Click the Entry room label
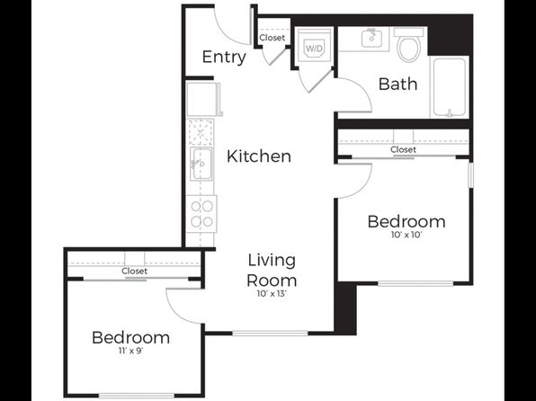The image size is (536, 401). tap(224, 57)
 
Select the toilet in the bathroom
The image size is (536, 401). tap(409, 44)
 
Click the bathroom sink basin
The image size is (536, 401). tap(371, 38)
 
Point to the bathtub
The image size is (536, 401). tap(450, 88)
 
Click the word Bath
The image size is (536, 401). tap(398, 84)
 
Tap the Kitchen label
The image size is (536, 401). tap(259, 156)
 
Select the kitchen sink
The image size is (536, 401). tap(201, 164)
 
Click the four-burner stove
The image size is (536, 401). tap(201, 214)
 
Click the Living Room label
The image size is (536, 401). tap(272, 270)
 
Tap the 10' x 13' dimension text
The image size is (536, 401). tap(272, 294)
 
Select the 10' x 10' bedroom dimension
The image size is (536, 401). tap(406, 235)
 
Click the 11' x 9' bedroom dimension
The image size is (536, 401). tap(131, 351)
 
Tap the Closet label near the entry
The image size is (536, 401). tap(272, 37)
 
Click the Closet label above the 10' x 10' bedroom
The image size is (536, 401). tap(404, 149)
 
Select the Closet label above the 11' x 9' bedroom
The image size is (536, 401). tap(134, 272)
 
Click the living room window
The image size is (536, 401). tap(270, 333)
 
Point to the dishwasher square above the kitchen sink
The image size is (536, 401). tap(200, 132)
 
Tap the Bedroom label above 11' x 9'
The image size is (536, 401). tap(131, 337)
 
